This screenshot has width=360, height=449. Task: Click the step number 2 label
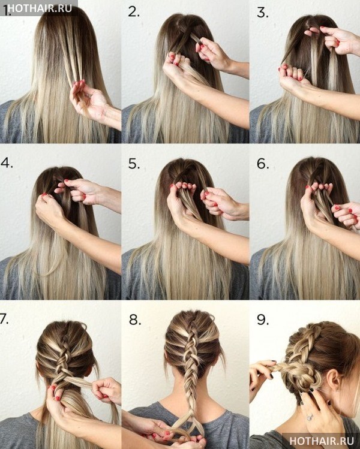click(134, 12)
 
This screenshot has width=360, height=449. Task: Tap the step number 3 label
click(263, 13)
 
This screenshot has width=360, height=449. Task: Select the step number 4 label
click(7, 162)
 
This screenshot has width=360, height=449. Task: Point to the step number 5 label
click(134, 164)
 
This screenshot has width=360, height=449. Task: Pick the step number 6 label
click(263, 164)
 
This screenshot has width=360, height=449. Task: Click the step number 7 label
click(4, 319)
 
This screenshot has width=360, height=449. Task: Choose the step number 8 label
click(135, 320)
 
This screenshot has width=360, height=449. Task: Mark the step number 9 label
click(263, 320)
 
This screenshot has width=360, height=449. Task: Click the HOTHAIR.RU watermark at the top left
click(40, 8)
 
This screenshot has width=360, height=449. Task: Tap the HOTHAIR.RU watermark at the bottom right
click(322, 441)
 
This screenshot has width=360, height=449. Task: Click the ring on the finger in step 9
click(310, 417)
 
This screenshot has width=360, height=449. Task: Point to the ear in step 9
click(335, 381)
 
